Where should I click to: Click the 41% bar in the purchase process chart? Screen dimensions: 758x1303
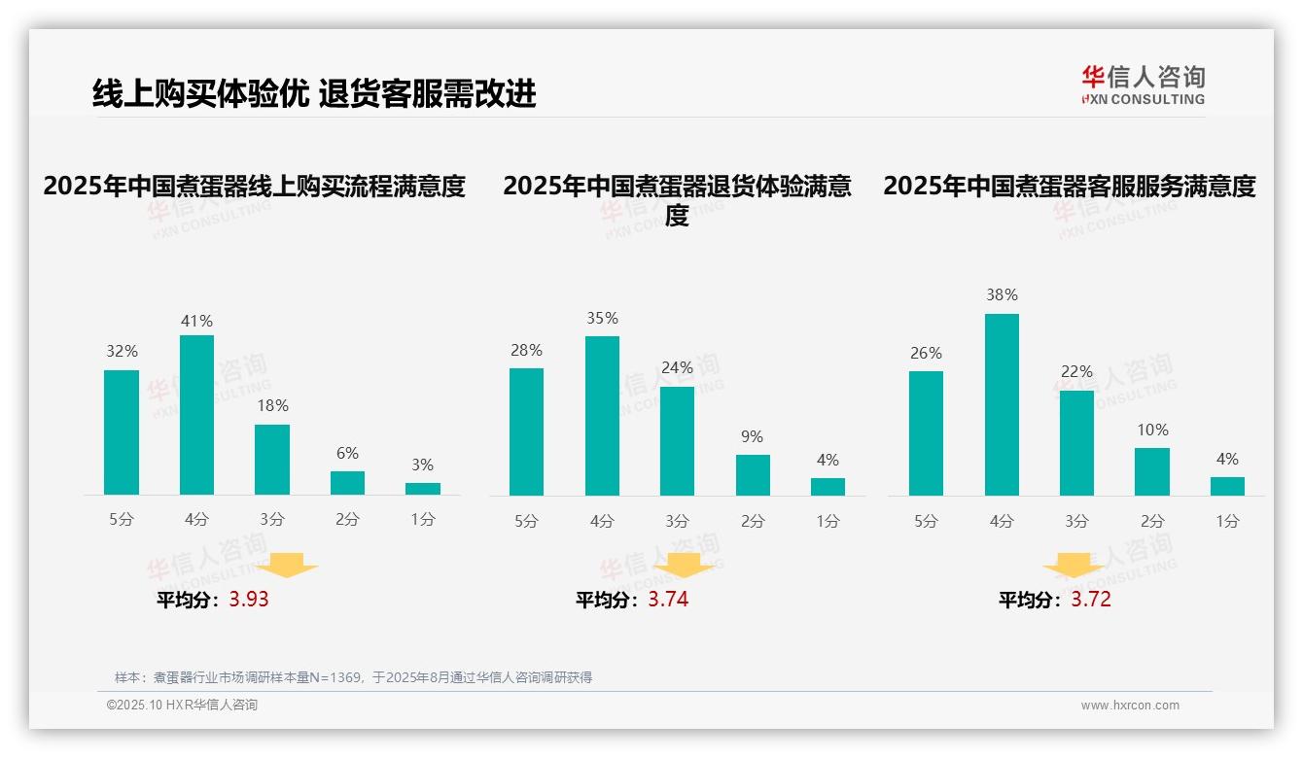point(196,415)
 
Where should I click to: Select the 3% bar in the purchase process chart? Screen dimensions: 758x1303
point(423,489)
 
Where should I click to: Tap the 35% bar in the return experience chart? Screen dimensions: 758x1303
point(602,416)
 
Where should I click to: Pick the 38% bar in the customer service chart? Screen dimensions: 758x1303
point(1002,404)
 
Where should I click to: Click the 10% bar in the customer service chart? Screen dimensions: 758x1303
point(1152,471)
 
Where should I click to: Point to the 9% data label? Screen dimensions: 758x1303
point(752,437)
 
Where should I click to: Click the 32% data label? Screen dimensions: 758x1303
point(122,351)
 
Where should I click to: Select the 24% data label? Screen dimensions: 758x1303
point(677,367)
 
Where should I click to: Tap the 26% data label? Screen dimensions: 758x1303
point(926,353)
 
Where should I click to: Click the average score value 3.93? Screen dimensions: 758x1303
point(249,600)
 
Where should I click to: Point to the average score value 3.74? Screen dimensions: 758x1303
point(668,600)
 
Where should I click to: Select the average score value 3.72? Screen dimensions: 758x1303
point(1091,600)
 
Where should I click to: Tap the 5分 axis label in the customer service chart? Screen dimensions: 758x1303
point(926,522)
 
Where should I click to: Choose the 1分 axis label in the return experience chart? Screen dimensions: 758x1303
point(828,522)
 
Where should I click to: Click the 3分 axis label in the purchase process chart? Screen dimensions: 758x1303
point(272,520)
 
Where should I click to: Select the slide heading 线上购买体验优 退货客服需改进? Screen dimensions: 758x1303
point(314,94)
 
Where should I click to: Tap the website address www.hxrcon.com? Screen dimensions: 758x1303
point(1130,706)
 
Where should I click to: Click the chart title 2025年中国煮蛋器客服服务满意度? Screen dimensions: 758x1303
point(1070,186)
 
